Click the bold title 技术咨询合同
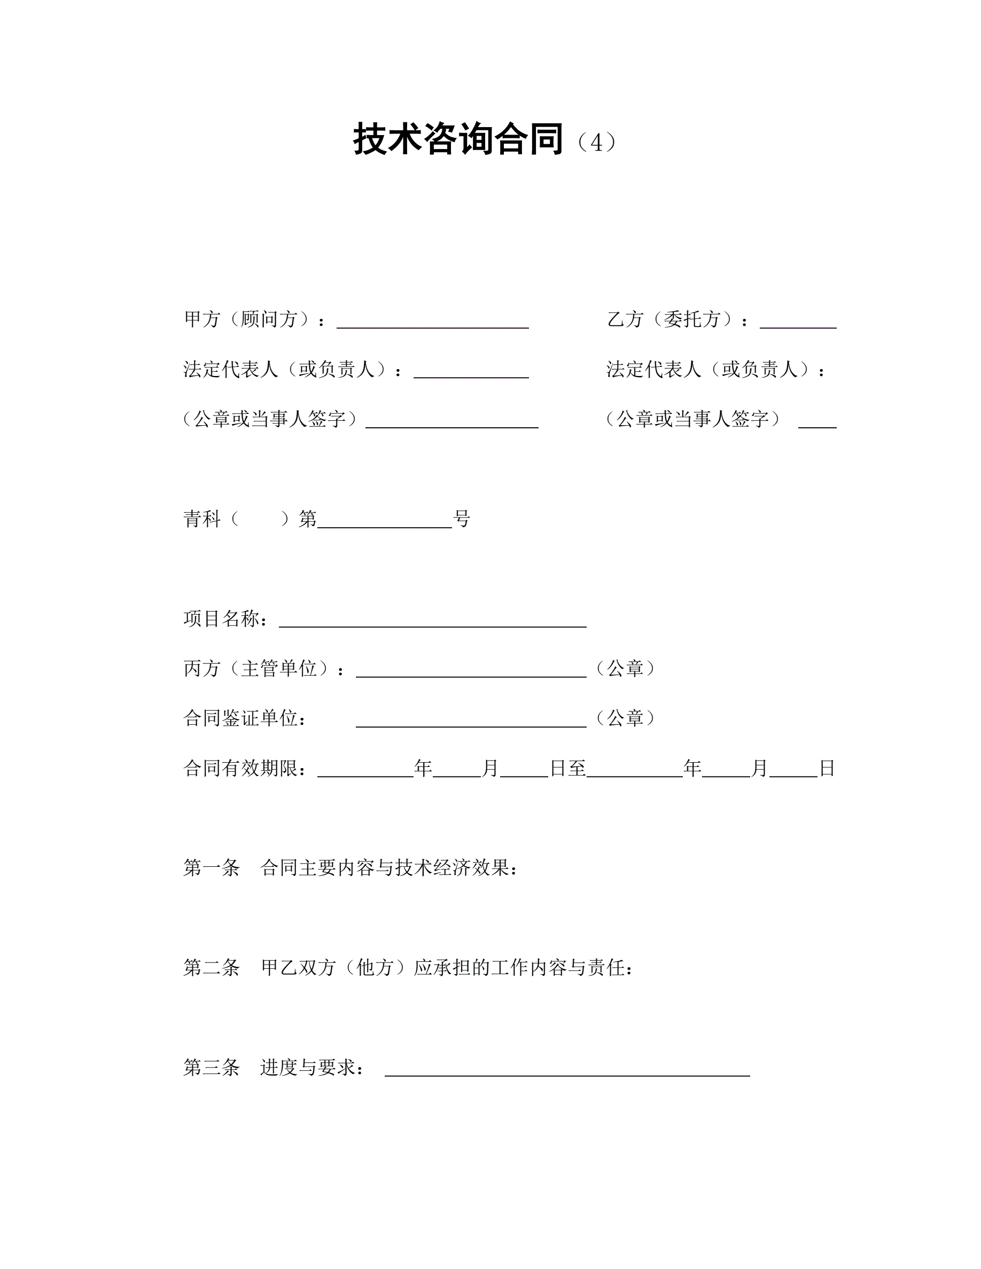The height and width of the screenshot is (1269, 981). [458, 140]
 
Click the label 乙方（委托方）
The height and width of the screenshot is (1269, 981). [674, 319]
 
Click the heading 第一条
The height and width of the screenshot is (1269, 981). [212, 868]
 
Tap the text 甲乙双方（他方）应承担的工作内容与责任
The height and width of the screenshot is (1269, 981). [447, 967]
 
